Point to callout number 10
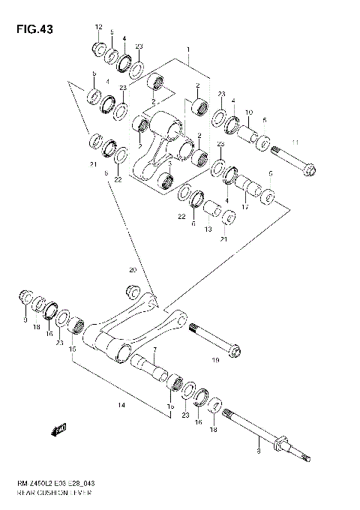pyautogui.click(x=248, y=112)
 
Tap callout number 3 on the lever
pyautogui.click(x=170, y=163)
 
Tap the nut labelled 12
pyautogui.click(x=98, y=49)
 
